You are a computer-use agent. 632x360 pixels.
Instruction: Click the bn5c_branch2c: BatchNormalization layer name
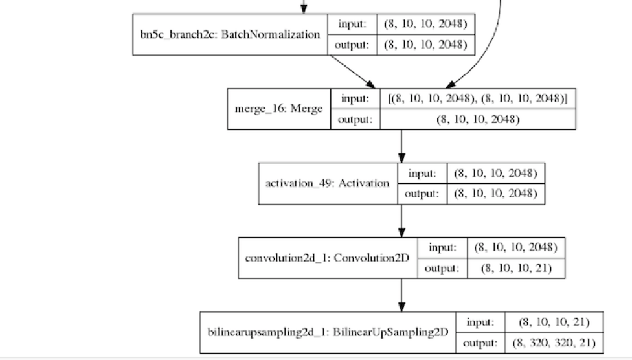[x=230, y=34]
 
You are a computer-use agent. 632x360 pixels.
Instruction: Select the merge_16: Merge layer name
[x=278, y=109]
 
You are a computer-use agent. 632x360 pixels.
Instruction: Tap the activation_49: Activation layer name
[x=328, y=183]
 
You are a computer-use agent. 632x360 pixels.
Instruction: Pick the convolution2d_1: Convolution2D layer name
[x=328, y=258]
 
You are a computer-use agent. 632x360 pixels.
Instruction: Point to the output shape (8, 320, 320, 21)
[x=554, y=343]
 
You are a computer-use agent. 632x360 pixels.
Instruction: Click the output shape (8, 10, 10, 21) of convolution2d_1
[x=515, y=268]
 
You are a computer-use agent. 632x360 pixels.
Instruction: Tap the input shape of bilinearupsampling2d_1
[x=554, y=322]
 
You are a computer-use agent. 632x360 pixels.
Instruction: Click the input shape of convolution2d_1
[x=515, y=247]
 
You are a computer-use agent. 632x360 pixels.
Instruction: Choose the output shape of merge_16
[x=477, y=119]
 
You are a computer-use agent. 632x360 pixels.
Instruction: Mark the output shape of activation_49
[x=495, y=194]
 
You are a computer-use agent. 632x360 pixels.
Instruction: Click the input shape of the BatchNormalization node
[x=425, y=24]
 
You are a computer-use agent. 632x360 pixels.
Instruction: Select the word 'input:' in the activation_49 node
[x=423, y=173]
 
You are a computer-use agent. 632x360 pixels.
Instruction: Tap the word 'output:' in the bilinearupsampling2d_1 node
[x=480, y=343]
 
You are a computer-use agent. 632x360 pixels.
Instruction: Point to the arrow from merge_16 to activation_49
[x=401, y=146]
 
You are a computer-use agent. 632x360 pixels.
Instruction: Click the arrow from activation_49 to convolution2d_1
[x=401, y=220]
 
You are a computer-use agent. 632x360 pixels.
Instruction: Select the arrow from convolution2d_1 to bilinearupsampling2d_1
[x=401, y=295]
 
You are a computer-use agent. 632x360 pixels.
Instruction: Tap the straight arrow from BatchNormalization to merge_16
[x=353, y=71]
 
